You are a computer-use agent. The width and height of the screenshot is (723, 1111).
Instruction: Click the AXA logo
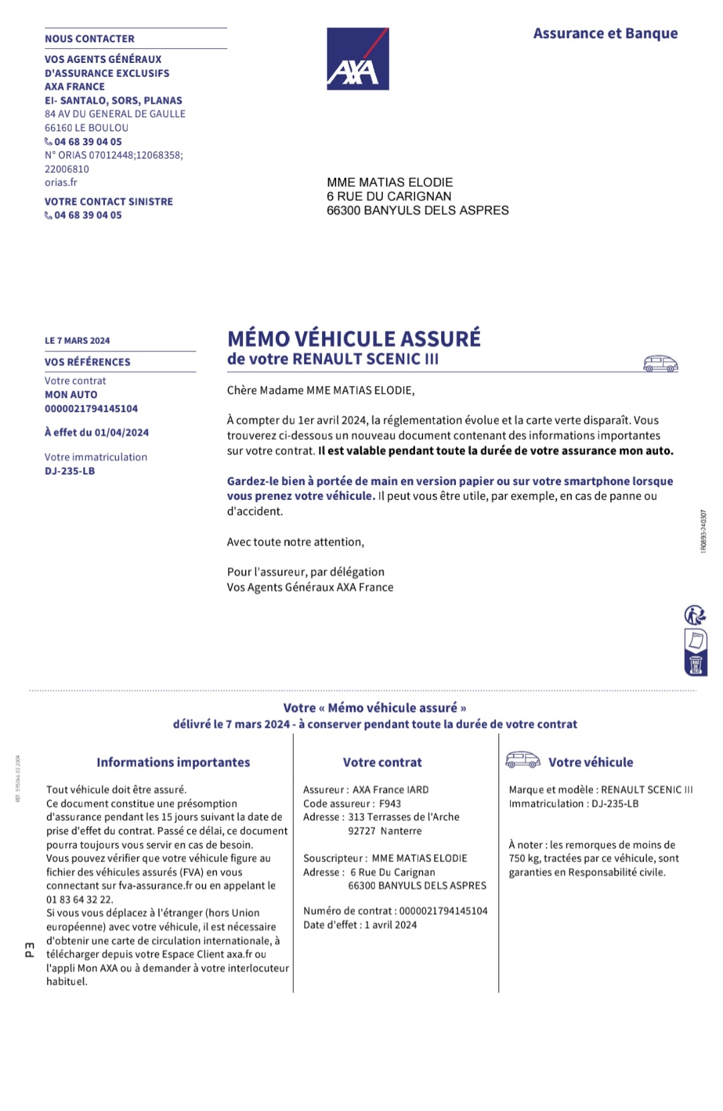point(357,59)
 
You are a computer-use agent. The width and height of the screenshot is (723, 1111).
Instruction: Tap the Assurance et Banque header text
point(605,33)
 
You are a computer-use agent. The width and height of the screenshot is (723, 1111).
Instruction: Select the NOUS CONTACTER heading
point(90,39)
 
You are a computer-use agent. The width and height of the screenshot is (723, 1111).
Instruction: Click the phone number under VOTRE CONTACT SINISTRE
point(88,216)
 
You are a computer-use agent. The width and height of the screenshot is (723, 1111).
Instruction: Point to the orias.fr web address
point(61,183)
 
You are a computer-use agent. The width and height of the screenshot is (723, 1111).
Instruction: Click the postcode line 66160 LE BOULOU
point(86,128)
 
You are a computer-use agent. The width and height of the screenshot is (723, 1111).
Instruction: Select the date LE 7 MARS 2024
point(77,341)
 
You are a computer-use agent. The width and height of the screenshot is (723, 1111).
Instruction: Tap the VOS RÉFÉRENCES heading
point(88,362)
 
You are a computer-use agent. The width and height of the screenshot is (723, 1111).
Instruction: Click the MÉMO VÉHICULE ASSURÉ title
point(353,339)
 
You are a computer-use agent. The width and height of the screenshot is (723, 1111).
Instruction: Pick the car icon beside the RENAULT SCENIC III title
point(660,363)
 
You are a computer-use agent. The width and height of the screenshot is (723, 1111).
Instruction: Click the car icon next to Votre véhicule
point(523,760)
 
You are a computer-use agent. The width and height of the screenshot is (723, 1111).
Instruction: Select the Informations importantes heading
point(173,762)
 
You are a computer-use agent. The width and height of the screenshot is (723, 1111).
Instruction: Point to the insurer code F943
point(390,804)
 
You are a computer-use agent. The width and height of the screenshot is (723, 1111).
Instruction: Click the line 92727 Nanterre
point(385,831)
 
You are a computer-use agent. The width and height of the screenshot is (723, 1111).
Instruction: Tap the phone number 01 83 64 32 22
point(80,900)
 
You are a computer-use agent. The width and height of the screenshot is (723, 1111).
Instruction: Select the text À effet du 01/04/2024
point(96,433)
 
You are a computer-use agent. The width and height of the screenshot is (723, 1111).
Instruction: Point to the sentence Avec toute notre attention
point(295,542)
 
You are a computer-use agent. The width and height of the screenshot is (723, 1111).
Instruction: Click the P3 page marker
point(29,949)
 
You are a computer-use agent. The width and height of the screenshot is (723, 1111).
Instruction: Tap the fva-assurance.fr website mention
point(151,886)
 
